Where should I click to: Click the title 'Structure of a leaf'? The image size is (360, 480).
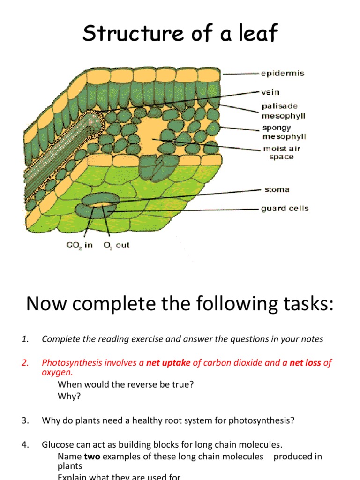coord(180,33)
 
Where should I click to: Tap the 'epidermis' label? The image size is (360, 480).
coord(282,73)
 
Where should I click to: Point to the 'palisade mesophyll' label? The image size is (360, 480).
coord(284,111)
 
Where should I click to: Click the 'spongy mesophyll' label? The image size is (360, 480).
coord(284,132)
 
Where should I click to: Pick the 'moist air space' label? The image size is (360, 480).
coord(281,152)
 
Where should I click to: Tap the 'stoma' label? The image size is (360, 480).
coord(277,189)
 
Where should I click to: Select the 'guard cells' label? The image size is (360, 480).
coord(285,209)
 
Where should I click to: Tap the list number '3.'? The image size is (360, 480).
coord(25,420)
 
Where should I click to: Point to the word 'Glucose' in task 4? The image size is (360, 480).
coord(57,444)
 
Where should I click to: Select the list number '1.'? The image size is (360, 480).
coord(25,339)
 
